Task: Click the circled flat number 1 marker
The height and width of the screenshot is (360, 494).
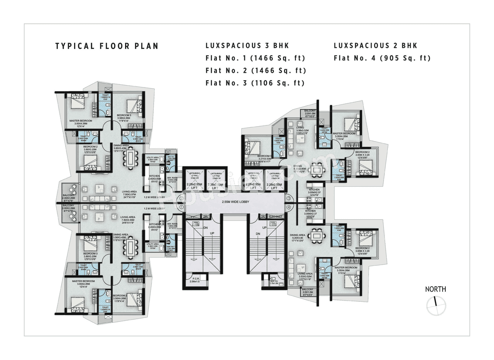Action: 181,207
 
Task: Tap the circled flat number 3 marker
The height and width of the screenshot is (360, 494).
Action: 289,198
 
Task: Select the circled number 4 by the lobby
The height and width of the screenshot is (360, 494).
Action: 289,207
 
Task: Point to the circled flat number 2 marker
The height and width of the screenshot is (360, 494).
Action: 181,198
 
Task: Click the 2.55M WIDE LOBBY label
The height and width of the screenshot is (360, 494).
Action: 235,202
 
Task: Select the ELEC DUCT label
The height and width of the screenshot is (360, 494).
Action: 275,217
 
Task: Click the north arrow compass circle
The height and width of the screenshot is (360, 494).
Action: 436,305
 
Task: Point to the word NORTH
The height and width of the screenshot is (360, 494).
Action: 435,289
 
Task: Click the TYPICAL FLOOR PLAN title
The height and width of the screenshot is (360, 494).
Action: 107,46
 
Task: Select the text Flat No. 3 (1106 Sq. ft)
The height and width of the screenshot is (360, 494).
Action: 255,83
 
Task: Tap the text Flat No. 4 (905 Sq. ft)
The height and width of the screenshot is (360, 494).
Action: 382,58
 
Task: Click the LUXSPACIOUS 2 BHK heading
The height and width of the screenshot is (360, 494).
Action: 375,46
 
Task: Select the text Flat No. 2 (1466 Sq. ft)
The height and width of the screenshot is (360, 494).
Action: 255,71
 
